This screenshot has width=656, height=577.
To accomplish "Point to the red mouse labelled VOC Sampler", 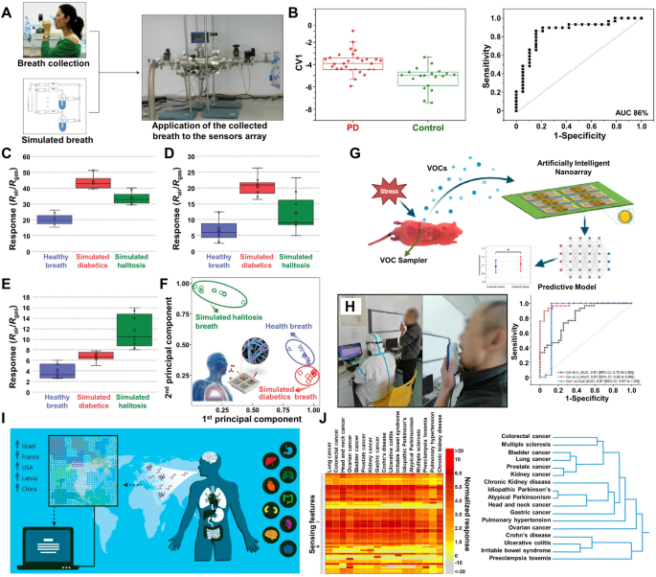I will (x=383, y=235).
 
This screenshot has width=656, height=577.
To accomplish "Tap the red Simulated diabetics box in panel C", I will (x=93, y=183).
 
